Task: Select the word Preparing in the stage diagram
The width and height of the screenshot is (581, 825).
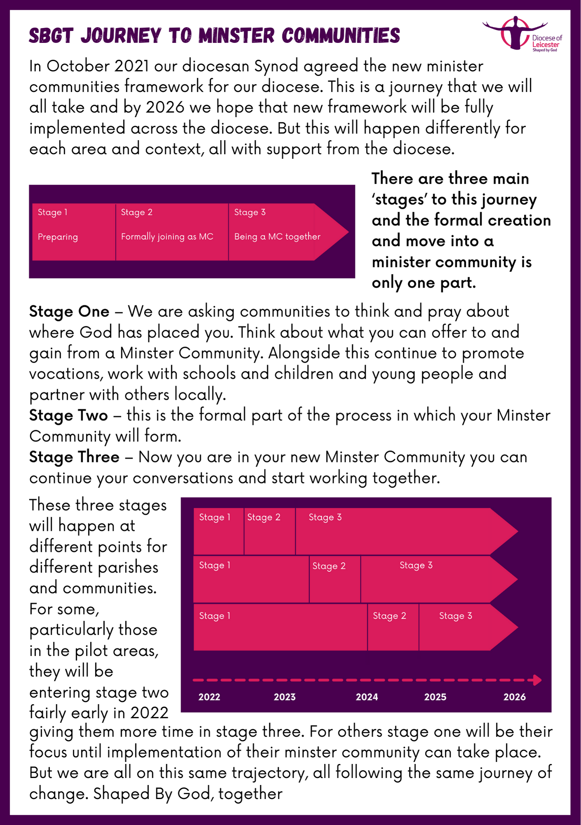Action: pos(58,237)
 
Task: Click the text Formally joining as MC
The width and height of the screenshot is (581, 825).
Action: pos(167,236)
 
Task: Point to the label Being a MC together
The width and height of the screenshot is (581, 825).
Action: pos(277,236)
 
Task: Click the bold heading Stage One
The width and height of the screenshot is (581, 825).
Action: pos(69,311)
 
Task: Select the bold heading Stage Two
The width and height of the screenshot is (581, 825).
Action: pos(68,415)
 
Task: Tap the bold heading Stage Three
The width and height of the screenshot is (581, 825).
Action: pos(74,457)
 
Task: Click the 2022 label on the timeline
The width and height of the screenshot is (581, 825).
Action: pos(209,697)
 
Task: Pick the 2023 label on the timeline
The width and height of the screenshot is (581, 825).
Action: pos(285,697)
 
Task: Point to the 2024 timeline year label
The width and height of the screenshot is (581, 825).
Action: pos(367,697)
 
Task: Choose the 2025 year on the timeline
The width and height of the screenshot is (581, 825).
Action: pos(435,697)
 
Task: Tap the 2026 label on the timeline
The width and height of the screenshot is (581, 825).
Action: pos(514,697)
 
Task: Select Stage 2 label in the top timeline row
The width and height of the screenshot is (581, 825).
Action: pos(263,517)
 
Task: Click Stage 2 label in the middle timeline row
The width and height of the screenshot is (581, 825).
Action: pos(329,566)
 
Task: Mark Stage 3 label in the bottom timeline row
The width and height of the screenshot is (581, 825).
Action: pos(455,616)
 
